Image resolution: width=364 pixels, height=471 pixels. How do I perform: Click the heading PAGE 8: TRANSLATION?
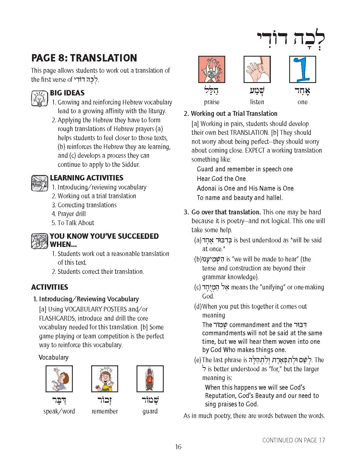(84, 58)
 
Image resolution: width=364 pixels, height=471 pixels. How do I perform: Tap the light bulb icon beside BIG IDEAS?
(39, 99)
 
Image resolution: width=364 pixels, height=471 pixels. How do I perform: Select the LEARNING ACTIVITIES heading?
(87, 178)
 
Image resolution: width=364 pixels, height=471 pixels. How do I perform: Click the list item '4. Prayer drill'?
(69, 214)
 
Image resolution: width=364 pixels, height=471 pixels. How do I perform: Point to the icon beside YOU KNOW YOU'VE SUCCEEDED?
(39, 241)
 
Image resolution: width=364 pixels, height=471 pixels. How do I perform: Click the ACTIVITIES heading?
(50, 287)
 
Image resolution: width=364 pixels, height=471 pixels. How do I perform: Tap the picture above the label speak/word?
(59, 379)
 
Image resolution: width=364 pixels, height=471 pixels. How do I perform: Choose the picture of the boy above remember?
(105, 379)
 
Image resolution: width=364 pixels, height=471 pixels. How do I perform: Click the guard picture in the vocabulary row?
(150, 379)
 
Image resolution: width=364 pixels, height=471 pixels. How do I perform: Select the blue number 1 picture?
(302, 69)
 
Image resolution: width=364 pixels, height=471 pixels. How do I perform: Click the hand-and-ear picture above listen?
(257, 69)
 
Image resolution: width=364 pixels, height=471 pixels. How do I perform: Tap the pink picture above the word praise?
(212, 69)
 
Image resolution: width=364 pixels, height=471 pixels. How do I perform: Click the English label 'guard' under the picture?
(150, 411)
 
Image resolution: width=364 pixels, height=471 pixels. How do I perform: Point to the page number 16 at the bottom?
(178, 447)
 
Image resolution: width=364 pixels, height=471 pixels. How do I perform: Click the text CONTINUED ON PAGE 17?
(293, 440)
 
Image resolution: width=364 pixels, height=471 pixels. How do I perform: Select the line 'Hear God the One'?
(221, 179)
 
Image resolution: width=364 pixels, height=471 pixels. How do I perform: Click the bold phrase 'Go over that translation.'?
(226, 212)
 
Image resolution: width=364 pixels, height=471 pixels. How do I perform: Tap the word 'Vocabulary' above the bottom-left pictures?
(54, 357)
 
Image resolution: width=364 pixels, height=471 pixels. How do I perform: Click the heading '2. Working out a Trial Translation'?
(231, 114)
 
